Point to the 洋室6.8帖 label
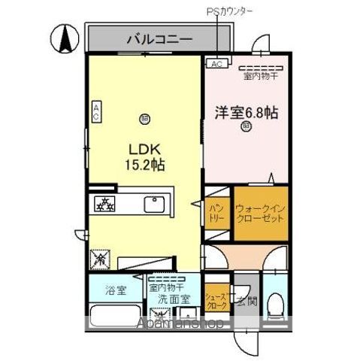[247, 113]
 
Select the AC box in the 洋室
[216, 65]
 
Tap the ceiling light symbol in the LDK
[144, 117]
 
